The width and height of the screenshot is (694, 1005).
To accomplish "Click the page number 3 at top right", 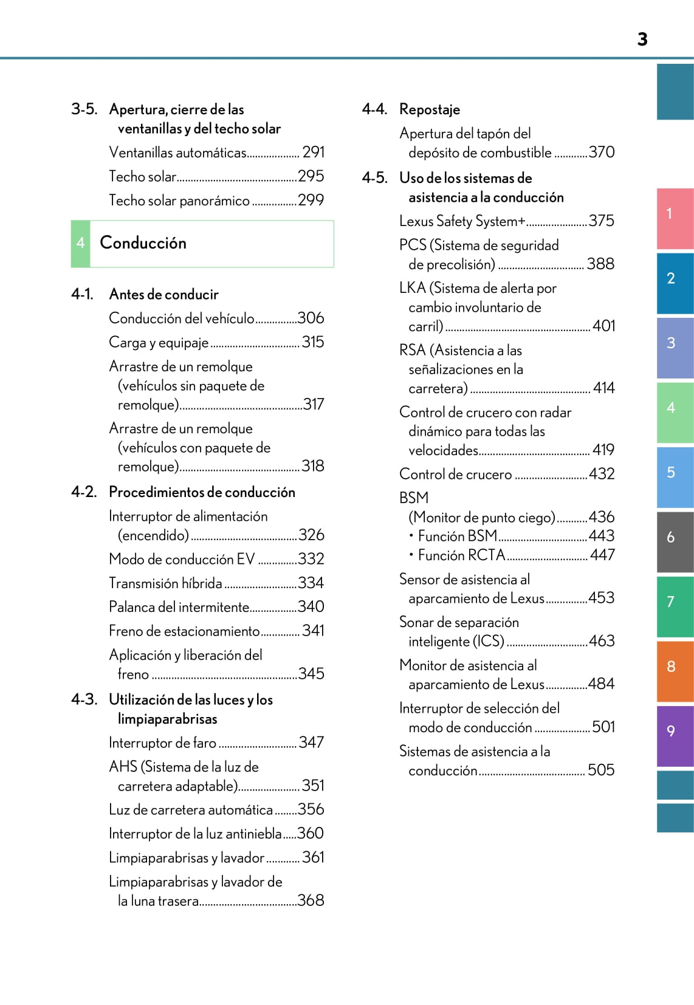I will tap(642, 39).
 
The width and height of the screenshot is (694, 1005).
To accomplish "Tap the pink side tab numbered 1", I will tap(675, 219).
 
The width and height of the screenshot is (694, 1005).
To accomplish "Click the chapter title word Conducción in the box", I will tap(143, 243).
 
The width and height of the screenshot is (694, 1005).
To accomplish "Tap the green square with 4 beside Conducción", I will tap(80, 244).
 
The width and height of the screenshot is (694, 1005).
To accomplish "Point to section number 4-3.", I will tap(84, 699).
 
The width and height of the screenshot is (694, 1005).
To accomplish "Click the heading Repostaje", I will tap(430, 109).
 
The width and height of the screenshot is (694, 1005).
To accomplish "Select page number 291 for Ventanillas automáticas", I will tap(314, 152).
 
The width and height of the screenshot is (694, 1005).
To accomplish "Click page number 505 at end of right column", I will tap(601, 770).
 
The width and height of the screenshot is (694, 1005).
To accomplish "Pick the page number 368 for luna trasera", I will tap(311, 900).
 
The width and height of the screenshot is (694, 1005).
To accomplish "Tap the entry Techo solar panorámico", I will tap(179, 201).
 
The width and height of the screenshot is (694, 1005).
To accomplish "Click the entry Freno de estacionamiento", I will tap(184, 631).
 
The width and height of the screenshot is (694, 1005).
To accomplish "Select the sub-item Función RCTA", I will tap(461, 555).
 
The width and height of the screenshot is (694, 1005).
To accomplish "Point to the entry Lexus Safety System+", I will tap(462, 221).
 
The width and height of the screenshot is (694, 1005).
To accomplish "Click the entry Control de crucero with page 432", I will tap(455, 474).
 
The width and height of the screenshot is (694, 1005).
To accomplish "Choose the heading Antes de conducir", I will tap(163, 295).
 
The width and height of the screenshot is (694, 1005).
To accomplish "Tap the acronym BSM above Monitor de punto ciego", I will tap(414, 498).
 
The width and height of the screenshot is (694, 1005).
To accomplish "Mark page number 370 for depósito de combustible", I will tap(602, 152).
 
